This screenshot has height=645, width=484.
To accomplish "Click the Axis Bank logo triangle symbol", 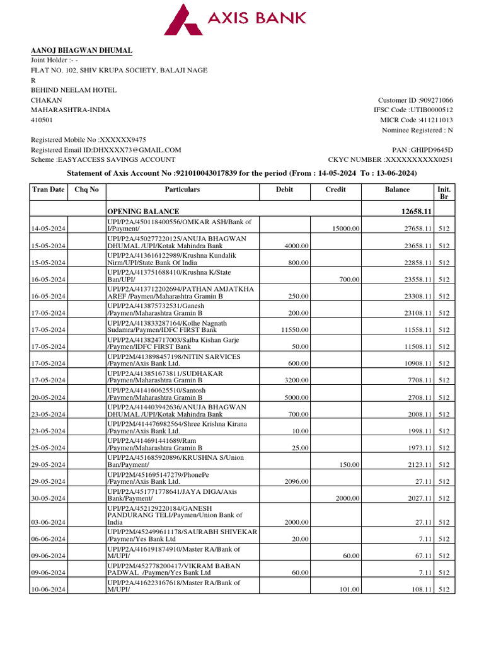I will point(185,19).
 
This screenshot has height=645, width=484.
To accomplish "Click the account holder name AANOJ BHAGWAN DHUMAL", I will point(82,50).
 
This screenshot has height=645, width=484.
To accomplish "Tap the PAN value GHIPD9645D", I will point(432,150).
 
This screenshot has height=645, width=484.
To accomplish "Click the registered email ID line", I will point(106,150).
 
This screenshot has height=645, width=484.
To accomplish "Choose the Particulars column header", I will point(182,189).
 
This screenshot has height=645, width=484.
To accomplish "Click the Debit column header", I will point(284,189).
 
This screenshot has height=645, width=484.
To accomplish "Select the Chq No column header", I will point(87,189).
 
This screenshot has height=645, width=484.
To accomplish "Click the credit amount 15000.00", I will point(345,229).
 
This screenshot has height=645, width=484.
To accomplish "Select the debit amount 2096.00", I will point(296,482).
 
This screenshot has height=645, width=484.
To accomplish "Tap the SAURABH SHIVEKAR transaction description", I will point(182,535).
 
